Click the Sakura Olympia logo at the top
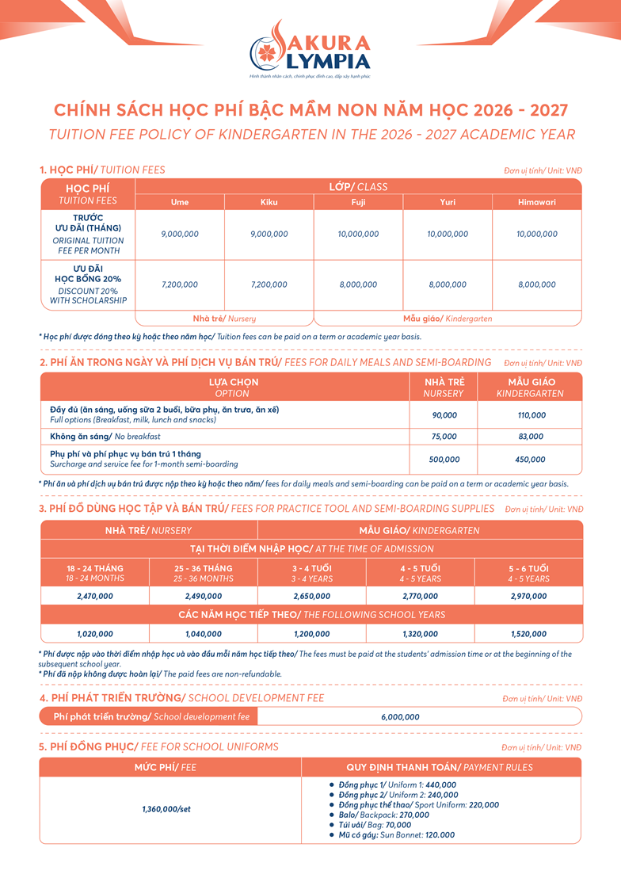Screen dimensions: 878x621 click(x=310, y=52)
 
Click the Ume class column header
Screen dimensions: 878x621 click(x=180, y=202)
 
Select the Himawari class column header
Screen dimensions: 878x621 click(x=537, y=202)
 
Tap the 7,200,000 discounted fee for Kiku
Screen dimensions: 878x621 click(x=269, y=284)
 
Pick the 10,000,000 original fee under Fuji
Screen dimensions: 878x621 click(x=358, y=235)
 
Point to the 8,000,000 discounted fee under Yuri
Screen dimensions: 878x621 click(x=448, y=284)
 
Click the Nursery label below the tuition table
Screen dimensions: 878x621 click(x=224, y=319)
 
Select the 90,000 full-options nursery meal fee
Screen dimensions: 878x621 click(x=444, y=415)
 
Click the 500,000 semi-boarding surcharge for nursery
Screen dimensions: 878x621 click(x=444, y=460)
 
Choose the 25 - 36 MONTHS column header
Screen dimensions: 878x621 click(x=203, y=573)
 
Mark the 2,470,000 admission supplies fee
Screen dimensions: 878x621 click(x=95, y=596)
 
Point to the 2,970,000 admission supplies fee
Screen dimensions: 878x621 click(x=528, y=596)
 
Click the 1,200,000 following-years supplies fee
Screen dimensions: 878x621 click(x=311, y=634)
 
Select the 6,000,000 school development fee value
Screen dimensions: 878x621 click(x=400, y=717)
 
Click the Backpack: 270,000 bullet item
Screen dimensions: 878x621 click(x=379, y=815)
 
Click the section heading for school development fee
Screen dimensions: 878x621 click(x=182, y=698)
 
